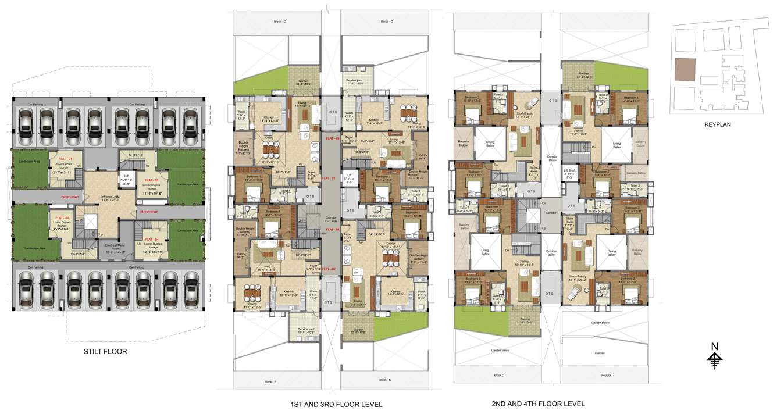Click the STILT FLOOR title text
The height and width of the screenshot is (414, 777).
[105, 351]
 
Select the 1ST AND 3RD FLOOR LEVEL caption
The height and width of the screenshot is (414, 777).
[336, 404]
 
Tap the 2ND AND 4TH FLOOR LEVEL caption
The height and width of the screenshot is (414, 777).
[539, 404]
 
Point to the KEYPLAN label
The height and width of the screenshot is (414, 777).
[717, 124]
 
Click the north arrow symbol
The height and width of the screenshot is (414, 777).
[715, 356]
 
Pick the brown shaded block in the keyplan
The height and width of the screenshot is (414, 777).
[684, 70]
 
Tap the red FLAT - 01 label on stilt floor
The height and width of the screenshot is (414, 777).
[62, 159]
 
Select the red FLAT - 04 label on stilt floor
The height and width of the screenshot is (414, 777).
[152, 240]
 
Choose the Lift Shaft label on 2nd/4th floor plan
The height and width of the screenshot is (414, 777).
[569, 173]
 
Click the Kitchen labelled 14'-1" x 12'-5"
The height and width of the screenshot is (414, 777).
[272, 119]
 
